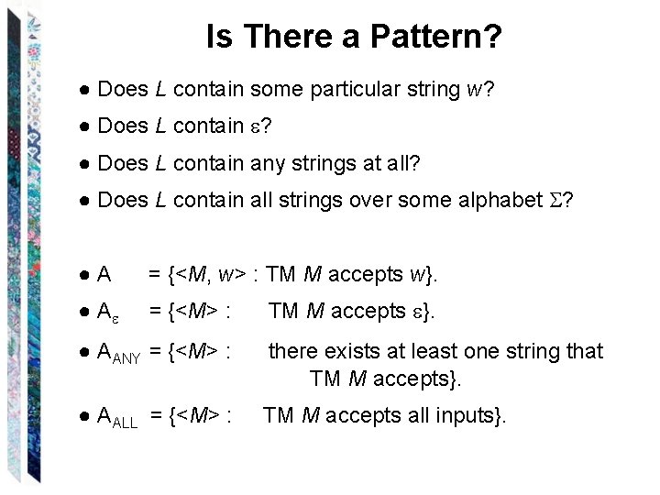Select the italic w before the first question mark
[x=475, y=90]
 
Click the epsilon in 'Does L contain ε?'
[x=253, y=126]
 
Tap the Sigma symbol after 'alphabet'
[x=553, y=200]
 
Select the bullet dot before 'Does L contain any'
[x=83, y=163]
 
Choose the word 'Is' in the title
[x=218, y=38]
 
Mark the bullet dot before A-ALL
[x=83, y=416]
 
